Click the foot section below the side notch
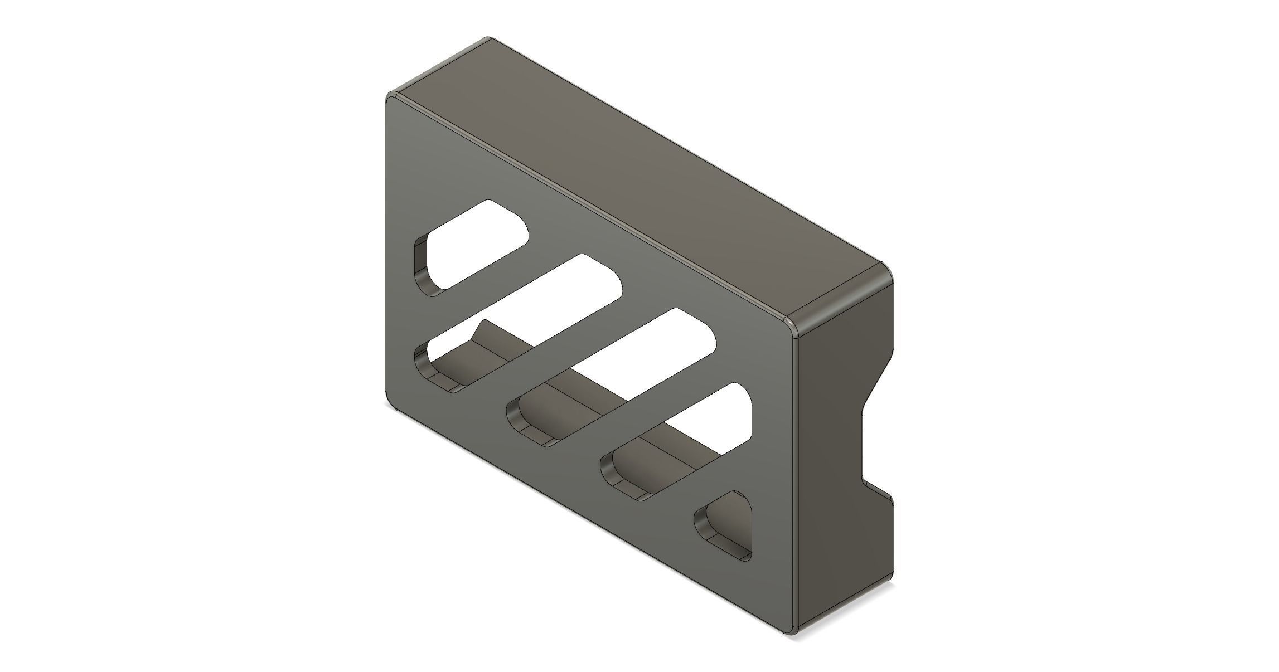click(x=847, y=557)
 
